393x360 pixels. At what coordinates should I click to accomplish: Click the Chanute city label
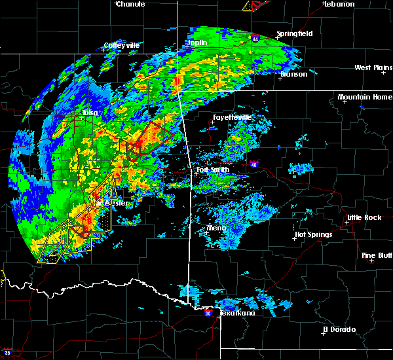point(131,4)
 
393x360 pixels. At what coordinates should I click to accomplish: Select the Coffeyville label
point(122,46)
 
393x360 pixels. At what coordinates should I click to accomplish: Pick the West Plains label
point(372,67)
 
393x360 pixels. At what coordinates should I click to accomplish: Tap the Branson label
point(293,74)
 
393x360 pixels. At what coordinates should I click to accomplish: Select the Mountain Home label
point(365,97)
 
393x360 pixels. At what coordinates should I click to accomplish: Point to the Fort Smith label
point(213,171)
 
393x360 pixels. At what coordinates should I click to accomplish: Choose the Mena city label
point(217,228)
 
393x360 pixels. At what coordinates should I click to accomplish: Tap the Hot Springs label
point(314,234)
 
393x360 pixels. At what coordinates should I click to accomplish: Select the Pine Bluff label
point(377,255)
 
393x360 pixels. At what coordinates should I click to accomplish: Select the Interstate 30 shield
point(208,314)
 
